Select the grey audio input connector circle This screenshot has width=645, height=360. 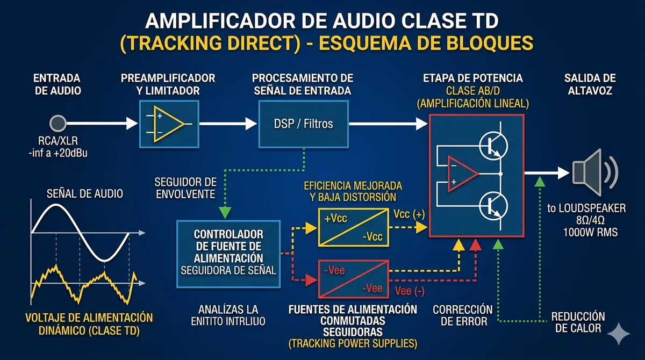tap(57, 124)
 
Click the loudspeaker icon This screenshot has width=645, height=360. tap(587, 172)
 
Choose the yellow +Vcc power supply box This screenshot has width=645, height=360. tap(353, 227)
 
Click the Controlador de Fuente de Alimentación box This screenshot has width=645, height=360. tap(228, 251)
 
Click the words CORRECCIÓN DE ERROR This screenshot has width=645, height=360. tap(455, 315)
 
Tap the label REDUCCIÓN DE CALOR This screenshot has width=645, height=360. tap(578, 322)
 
